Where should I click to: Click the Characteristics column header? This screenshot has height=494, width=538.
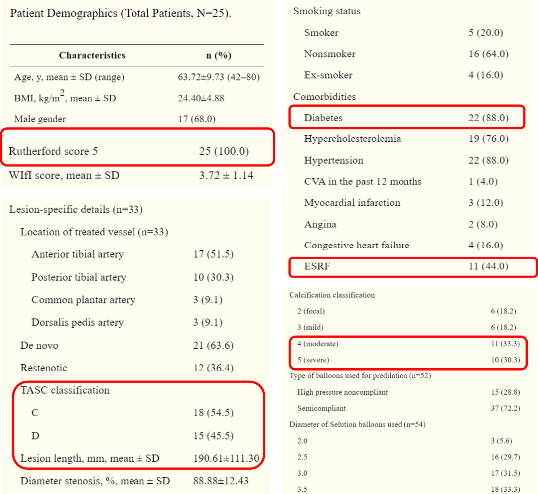[x=92, y=55]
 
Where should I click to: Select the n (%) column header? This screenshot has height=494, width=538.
[x=219, y=55]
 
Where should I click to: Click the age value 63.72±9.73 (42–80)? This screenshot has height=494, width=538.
[x=219, y=77]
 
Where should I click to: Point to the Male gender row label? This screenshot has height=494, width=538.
[x=40, y=119]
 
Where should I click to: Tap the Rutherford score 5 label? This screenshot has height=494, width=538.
[x=53, y=151]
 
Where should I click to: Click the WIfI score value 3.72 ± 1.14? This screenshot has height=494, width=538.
[x=226, y=175]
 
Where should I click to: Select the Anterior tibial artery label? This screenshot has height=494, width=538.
[x=77, y=254]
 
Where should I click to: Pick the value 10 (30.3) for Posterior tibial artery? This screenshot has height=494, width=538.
[x=213, y=277]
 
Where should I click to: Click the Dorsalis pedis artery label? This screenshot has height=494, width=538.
[x=78, y=322]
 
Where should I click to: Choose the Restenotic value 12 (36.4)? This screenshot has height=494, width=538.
[x=213, y=368]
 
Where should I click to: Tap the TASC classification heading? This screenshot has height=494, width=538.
[x=65, y=390]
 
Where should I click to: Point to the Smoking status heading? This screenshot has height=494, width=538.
[x=327, y=11]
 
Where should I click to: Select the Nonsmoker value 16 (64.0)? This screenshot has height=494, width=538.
[x=488, y=54]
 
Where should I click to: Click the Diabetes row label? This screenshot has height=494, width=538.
[x=323, y=118]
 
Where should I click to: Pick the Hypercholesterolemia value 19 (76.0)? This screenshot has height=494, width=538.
[x=488, y=139]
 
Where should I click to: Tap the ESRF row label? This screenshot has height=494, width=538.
[x=317, y=266]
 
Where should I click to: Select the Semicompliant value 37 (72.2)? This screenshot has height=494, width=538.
[x=505, y=408]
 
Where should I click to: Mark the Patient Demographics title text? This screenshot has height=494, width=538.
[x=121, y=13]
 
